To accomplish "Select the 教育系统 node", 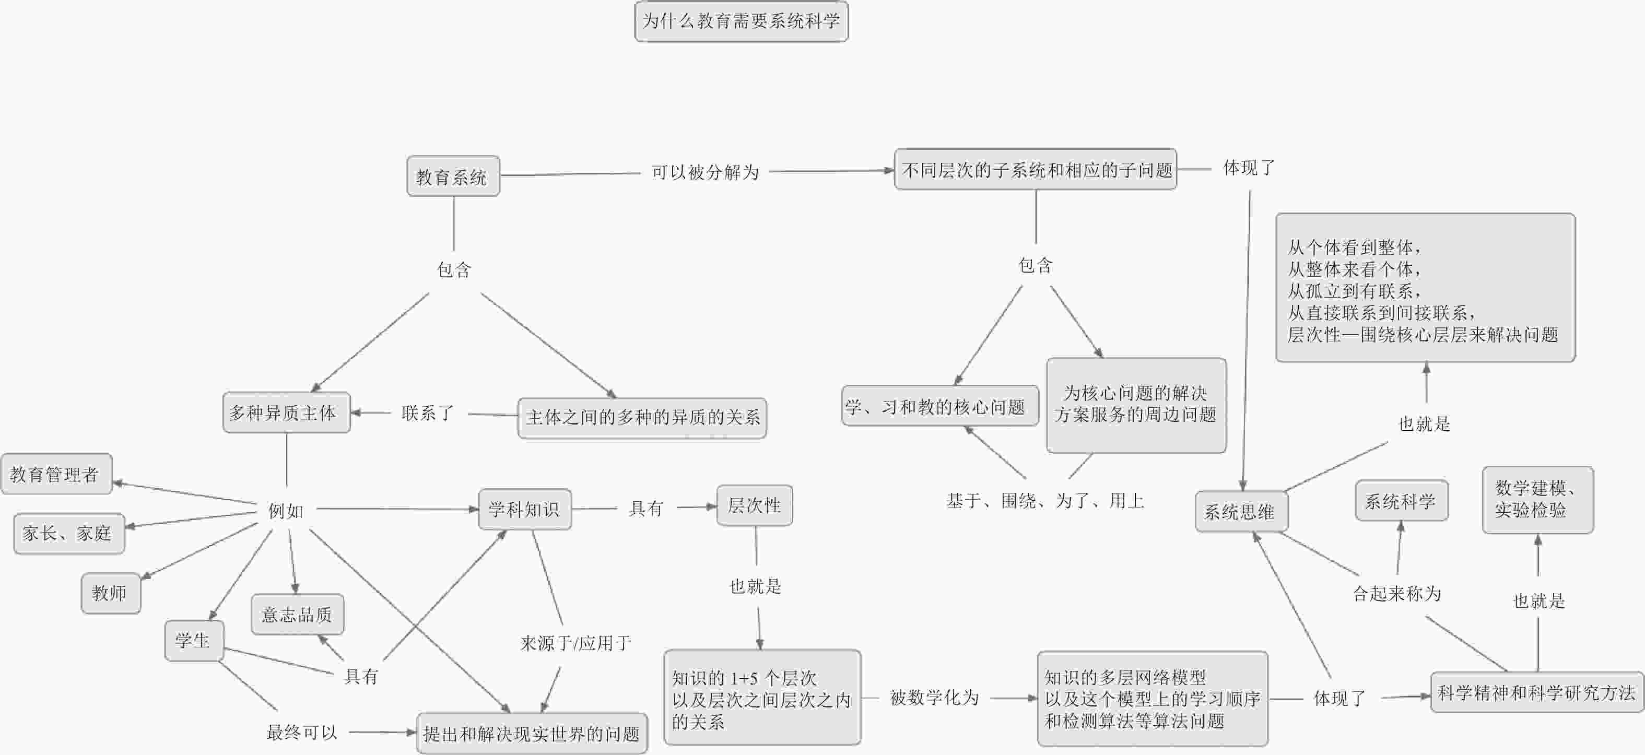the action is coord(453,176).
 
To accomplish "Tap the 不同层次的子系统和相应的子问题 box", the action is coord(1036,170).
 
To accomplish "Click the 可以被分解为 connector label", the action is coord(705,172).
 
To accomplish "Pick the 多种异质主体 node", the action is coord(287,413).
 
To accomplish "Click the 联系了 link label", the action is coord(428,414).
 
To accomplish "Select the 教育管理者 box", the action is coord(57,474).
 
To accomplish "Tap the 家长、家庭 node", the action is coord(69,534).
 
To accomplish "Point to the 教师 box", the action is coord(111,594).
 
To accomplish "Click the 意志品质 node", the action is coord(298,615).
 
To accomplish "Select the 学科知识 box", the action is coord(525,509).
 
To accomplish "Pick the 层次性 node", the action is coord(755,505).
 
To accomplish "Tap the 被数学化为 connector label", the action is coord(934,698).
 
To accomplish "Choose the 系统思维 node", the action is coord(1241,511).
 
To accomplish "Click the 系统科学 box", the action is coord(1402,501).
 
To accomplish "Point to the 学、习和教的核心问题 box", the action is coord(940,406).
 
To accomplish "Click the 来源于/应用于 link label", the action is coord(575,643).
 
